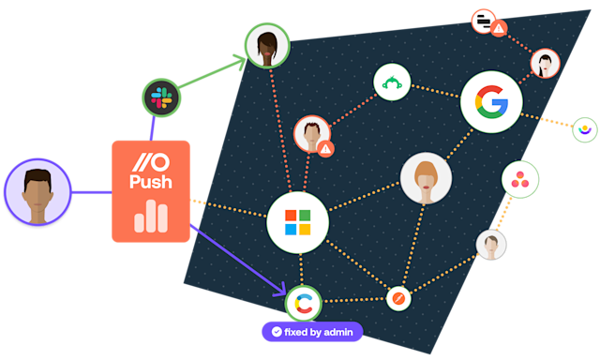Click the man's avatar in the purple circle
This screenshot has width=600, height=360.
point(37,192)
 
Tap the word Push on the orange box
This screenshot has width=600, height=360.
point(151,183)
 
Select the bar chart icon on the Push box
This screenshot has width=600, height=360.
point(151,218)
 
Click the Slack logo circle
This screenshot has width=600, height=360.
point(159,97)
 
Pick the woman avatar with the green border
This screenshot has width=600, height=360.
point(267,46)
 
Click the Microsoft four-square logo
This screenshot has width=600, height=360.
point(297,222)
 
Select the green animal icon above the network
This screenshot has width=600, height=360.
point(393,82)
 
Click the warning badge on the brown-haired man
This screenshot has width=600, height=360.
point(325,148)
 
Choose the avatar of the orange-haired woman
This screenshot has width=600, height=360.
point(426,178)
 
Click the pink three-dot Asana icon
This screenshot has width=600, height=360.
point(520,179)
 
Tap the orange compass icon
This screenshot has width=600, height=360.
point(398,298)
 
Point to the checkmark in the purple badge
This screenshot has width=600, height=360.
point(277,331)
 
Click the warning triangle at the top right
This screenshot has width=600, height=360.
point(500,28)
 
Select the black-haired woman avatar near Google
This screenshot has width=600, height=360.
point(546,64)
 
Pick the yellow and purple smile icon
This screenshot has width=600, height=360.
point(585,129)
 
